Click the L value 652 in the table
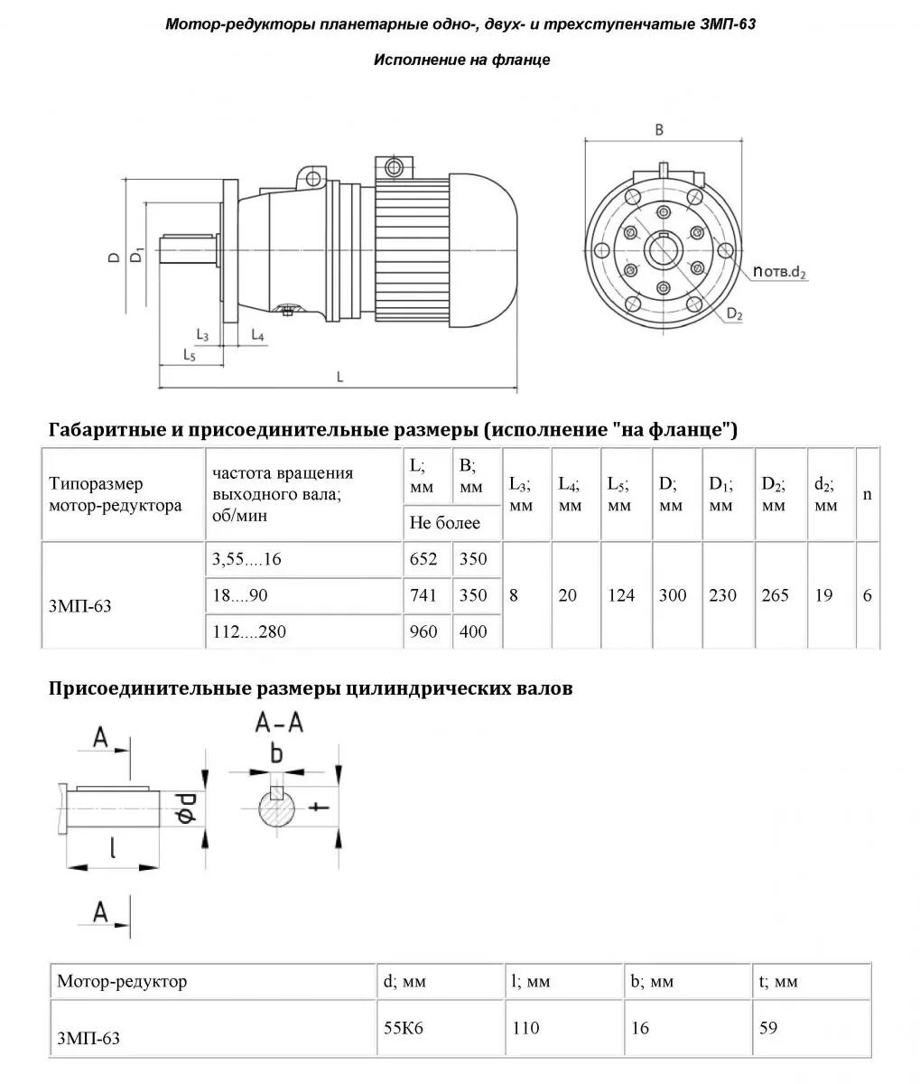(423, 559)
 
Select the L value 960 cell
(423, 631)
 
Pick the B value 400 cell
(473, 631)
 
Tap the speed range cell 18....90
(240, 595)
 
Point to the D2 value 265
(775, 595)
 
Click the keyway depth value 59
(768, 1027)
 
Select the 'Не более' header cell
(444, 523)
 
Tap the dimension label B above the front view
(659, 130)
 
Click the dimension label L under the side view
(340, 377)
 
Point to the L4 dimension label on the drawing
(256, 336)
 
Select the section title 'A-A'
(279, 722)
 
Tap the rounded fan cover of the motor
(481, 249)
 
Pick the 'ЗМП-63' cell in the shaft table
(88, 1038)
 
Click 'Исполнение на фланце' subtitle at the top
(461, 61)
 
